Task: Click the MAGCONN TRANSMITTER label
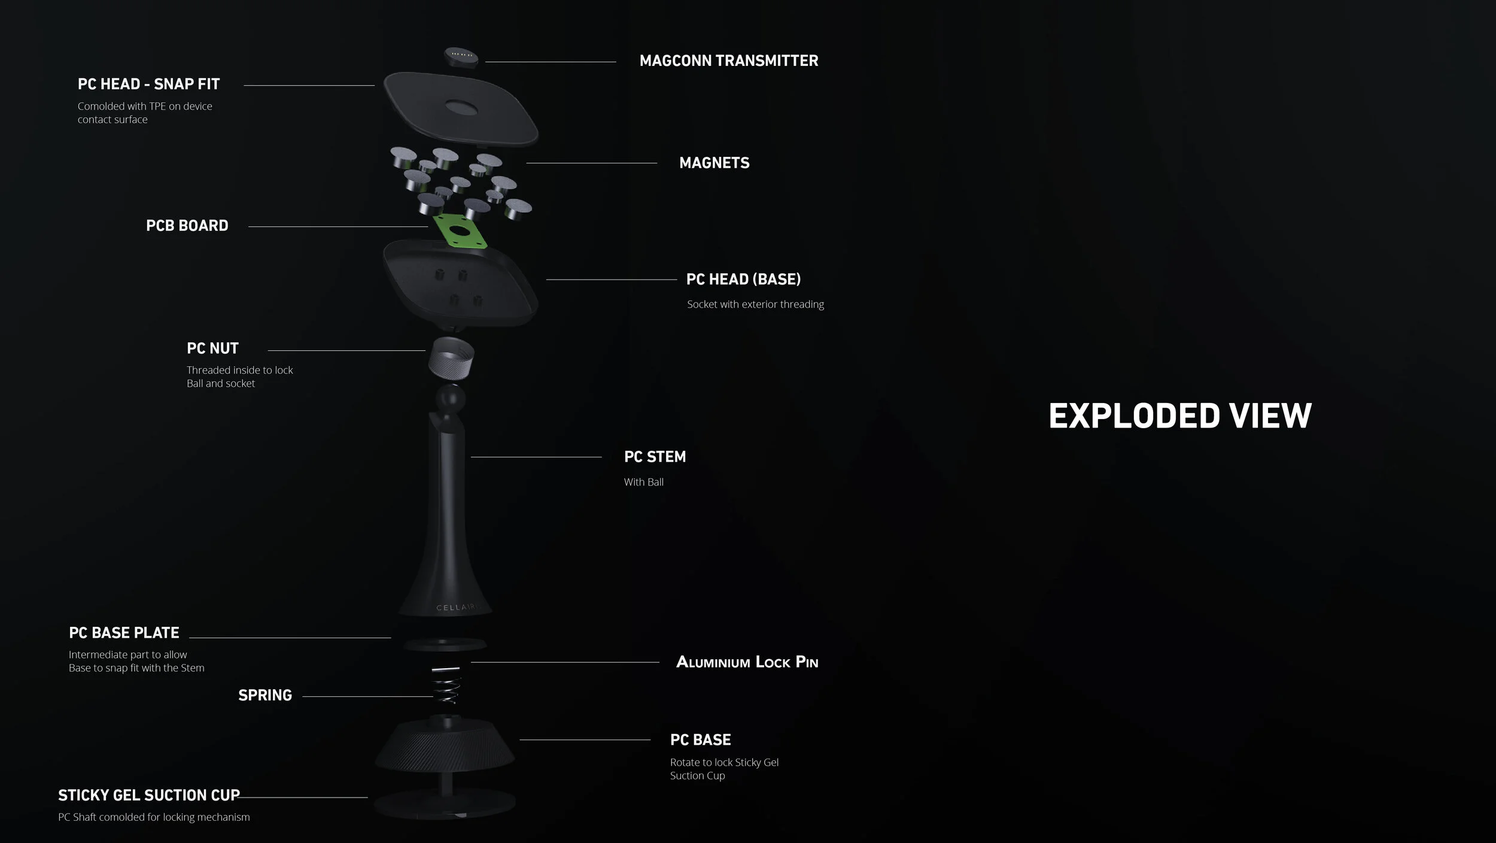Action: (728, 60)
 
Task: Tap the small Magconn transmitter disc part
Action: (461, 57)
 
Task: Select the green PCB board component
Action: (460, 231)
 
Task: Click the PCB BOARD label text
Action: (187, 226)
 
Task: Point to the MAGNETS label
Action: (714, 163)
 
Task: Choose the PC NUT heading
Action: (212, 348)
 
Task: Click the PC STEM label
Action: (655, 457)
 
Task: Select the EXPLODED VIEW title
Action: (1179, 416)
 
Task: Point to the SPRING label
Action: (265, 695)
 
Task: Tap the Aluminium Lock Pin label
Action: (747, 662)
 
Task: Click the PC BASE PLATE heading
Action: (124, 633)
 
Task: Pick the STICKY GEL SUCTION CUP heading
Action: (149, 795)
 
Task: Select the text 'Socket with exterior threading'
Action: (755, 304)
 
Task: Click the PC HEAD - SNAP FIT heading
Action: (148, 84)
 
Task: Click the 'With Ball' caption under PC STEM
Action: (643, 482)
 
